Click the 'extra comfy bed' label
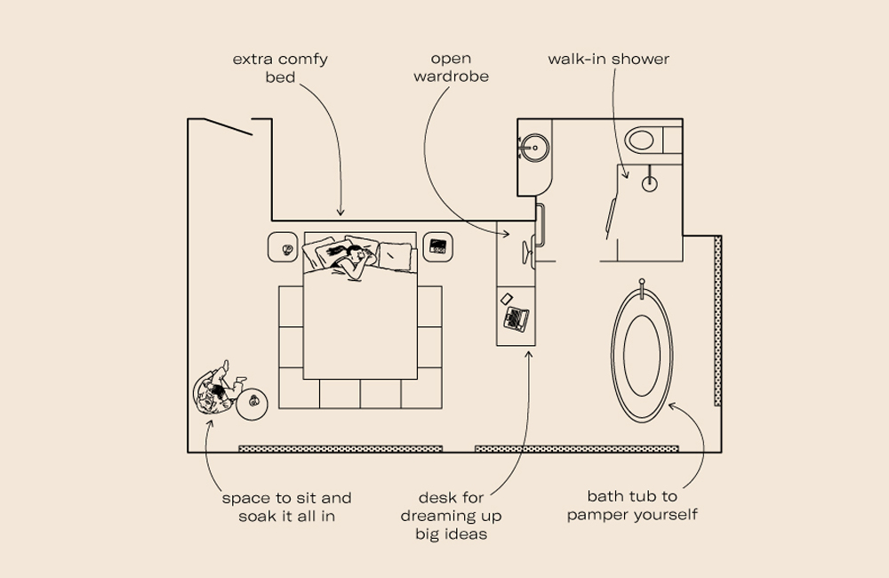click(280, 68)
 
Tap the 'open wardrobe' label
click(451, 68)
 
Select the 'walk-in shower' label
click(608, 60)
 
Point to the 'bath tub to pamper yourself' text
click(631, 505)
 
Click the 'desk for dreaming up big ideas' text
click(451, 516)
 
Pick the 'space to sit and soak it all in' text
click(286, 506)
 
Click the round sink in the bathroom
click(535, 148)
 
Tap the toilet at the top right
click(643, 140)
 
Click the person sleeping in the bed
click(350, 259)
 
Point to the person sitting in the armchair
click(215, 392)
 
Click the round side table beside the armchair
click(255, 405)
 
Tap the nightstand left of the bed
click(285, 248)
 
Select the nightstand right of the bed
click(437, 246)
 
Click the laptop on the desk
click(516, 317)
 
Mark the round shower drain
click(650, 184)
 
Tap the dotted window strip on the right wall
click(717, 320)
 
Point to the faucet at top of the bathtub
click(643, 287)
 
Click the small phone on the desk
click(507, 298)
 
